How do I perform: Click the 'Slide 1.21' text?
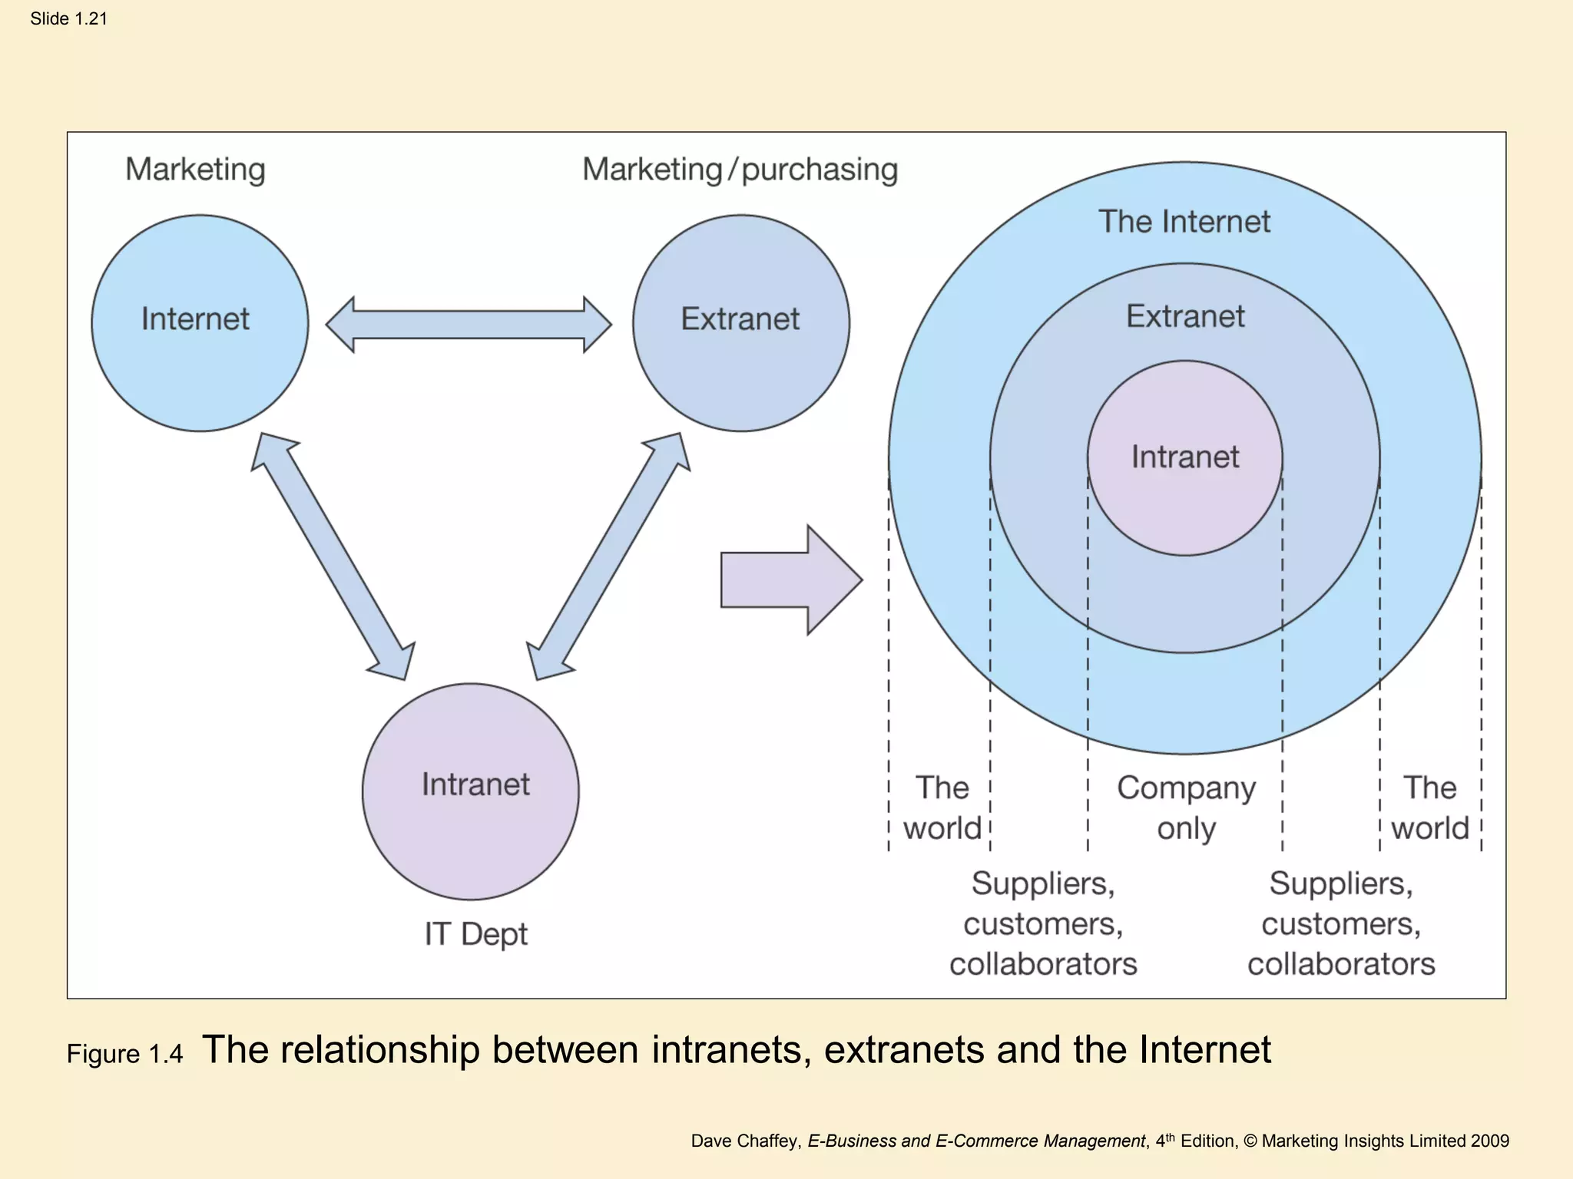coord(68,18)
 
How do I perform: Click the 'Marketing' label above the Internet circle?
coord(195,170)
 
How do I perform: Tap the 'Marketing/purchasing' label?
coord(740,170)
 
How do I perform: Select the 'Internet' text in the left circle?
coord(195,319)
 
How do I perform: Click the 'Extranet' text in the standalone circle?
coord(740,319)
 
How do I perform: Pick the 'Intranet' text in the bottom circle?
coord(475,784)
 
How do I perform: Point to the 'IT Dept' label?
coord(475,934)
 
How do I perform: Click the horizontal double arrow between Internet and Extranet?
coord(469,325)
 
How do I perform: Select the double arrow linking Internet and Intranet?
coord(333,556)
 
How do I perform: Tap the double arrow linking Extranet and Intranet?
coord(608,556)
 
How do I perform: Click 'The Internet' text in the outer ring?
coord(1184,222)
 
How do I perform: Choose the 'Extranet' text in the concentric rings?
coord(1184,316)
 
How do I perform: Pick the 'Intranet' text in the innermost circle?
coord(1184,457)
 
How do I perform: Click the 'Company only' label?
coord(1186,808)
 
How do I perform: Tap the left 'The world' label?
coord(942,808)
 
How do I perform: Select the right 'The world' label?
coord(1429,808)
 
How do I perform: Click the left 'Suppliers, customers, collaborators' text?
coord(1043,923)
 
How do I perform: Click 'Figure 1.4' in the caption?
coord(124,1054)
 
